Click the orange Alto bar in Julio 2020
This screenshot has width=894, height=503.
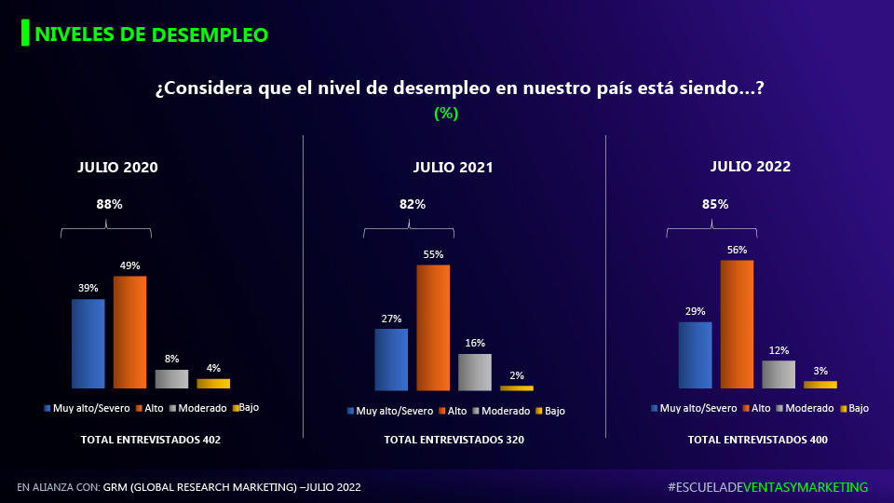[129, 332]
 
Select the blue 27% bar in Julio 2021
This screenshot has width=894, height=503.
[391, 360]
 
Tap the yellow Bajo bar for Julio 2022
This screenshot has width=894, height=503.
[820, 384]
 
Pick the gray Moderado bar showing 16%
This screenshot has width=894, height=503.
[474, 372]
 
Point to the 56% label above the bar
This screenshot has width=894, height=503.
[737, 250]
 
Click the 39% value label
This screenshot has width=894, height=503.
[88, 288]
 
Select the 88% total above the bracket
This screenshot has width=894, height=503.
[110, 203]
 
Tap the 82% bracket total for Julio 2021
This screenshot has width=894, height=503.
[413, 204]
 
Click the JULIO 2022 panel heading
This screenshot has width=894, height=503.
[751, 167]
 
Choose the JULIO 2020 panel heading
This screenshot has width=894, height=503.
[117, 168]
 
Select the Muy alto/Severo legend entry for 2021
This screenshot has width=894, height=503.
[390, 411]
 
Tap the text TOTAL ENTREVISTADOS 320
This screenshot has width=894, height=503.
[454, 440]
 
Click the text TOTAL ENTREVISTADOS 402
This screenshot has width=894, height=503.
[151, 440]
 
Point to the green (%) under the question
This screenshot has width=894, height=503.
[446, 114]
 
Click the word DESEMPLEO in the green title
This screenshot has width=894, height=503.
[210, 35]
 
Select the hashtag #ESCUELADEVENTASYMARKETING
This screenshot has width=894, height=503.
[767, 487]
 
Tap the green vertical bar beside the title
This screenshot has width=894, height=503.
[25, 34]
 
